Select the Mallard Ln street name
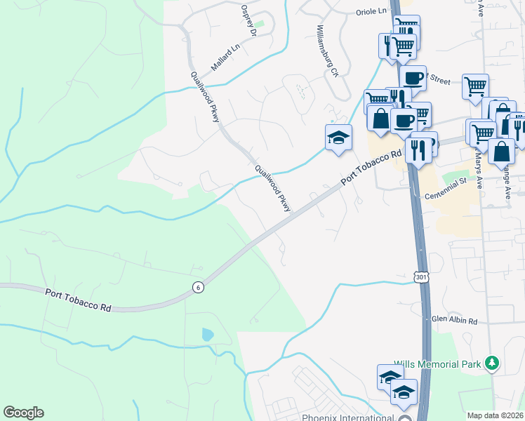[226, 58]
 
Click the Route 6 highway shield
[199, 286]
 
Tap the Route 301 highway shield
[421, 277]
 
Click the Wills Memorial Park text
[437, 363]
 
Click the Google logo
[23, 413]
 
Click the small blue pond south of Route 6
[207, 335]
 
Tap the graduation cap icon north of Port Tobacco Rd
[338, 137]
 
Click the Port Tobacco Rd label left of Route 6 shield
[79, 300]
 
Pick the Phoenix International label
[346, 418]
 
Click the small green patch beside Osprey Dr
[260, 25]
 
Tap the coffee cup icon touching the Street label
[414, 77]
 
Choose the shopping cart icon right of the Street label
[475, 86]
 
